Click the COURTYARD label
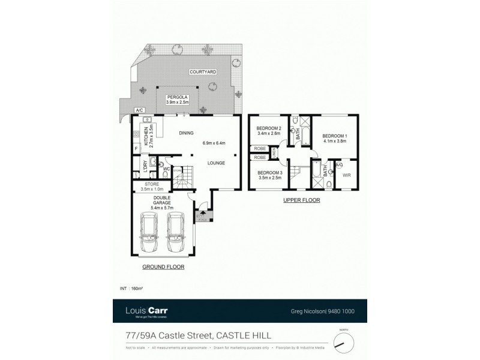(x=203, y=72)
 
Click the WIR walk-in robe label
(x=346, y=176)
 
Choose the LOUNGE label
(x=216, y=162)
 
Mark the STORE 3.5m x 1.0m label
(x=151, y=187)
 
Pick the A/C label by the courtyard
(x=139, y=110)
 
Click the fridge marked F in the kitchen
(x=136, y=147)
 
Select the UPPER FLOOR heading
(x=301, y=200)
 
